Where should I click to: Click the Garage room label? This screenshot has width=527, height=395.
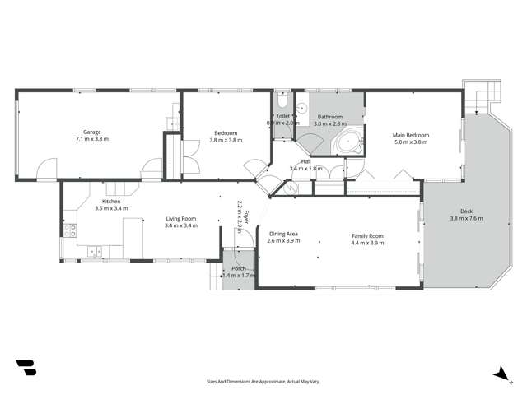[91, 132]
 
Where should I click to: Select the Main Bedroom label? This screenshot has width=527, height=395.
[411, 134]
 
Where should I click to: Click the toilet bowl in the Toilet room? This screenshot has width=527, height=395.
[281, 101]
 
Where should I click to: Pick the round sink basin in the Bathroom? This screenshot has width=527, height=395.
[301, 107]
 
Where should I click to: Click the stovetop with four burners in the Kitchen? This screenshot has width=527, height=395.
[71, 230]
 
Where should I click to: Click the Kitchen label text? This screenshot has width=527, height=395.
[111, 202]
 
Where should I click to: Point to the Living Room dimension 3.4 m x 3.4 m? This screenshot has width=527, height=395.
[181, 225]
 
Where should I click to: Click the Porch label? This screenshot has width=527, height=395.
[238, 268]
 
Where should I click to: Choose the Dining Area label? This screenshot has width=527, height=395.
[283, 235]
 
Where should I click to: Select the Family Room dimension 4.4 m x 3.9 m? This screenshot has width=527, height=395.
[367, 243]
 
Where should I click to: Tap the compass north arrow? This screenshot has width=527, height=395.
[500, 374]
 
